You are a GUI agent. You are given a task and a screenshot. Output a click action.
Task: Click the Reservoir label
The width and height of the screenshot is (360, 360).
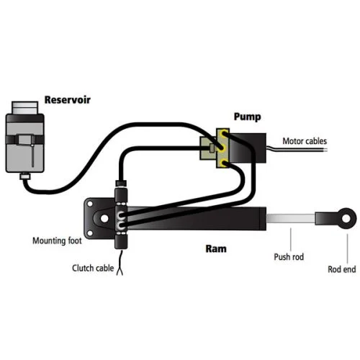click(x=68, y=100)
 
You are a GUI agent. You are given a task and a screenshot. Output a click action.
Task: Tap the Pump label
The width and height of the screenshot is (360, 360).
click(x=247, y=117)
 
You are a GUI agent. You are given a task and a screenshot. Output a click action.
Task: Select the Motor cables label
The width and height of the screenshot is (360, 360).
click(x=305, y=141)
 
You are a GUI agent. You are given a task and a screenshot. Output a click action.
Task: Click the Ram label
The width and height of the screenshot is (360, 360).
click(x=216, y=249)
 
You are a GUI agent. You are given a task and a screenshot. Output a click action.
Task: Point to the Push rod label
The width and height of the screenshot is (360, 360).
click(x=289, y=257)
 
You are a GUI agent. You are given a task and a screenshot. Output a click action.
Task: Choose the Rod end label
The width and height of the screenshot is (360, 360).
click(x=342, y=269)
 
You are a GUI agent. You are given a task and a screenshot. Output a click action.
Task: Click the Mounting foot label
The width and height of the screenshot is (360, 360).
click(x=57, y=240)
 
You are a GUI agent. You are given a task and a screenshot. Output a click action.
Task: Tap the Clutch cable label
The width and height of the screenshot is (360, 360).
click(x=93, y=268)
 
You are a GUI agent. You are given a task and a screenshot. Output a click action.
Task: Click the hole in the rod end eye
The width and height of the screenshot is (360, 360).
click(x=346, y=218)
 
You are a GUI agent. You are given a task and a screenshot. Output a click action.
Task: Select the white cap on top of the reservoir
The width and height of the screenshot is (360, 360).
click(x=24, y=107)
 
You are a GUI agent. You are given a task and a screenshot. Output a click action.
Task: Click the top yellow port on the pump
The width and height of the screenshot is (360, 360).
click(x=224, y=134)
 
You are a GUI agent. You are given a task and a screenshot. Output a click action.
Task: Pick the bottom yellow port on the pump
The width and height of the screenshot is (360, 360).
click(x=224, y=163)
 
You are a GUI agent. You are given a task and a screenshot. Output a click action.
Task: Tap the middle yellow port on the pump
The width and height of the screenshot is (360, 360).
click(x=222, y=148)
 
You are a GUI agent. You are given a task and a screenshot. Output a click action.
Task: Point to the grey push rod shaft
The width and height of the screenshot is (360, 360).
click(x=291, y=218)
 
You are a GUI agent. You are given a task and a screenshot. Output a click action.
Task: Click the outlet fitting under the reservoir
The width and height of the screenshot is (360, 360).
click(x=25, y=176)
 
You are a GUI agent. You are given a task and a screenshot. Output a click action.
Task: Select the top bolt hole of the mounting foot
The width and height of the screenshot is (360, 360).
click(x=90, y=204)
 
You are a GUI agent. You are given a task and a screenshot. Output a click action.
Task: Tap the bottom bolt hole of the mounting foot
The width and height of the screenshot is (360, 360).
click(x=90, y=233)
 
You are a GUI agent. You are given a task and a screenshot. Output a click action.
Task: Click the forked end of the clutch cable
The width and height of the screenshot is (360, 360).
click(x=120, y=271)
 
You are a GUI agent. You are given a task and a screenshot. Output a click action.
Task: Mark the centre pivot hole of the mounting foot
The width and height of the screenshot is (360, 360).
click(x=104, y=218)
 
